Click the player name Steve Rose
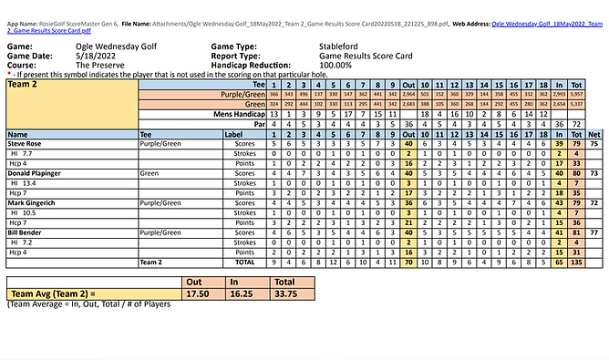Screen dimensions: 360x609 (26, 143)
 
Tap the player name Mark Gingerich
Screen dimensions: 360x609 (32, 201)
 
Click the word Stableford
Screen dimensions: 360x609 (344, 45)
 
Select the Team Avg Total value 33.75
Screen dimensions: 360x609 (288, 293)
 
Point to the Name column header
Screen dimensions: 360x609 (17, 133)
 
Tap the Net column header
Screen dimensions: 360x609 (594, 133)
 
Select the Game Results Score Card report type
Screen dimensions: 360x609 (359, 55)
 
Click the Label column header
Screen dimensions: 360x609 (233, 133)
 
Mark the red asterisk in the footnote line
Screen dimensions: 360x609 (8, 74)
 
